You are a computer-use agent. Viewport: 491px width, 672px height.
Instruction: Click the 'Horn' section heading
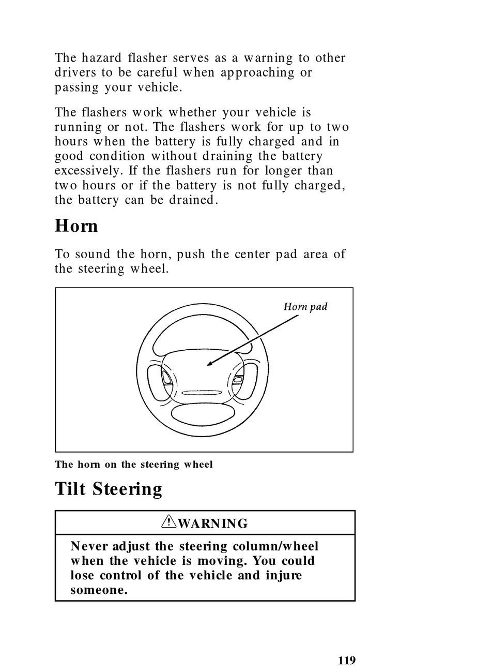pyautogui.click(x=76, y=226)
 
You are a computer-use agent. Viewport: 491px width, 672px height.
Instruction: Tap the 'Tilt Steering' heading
pyautogui.click(x=109, y=489)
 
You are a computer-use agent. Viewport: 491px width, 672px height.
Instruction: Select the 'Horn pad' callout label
pyautogui.click(x=305, y=307)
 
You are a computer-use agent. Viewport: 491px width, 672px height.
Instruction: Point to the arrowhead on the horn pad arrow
pyautogui.click(x=209, y=364)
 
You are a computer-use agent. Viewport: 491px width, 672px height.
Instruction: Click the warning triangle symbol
pyautogui.click(x=168, y=523)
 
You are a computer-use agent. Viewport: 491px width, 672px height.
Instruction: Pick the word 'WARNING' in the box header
pyautogui.click(x=212, y=524)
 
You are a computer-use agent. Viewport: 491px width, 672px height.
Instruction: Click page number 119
pyautogui.click(x=347, y=660)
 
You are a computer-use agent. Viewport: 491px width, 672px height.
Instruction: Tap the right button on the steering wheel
pyautogui.click(x=238, y=379)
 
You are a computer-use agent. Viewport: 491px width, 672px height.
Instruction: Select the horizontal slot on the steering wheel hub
pyautogui.click(x=202, y=393)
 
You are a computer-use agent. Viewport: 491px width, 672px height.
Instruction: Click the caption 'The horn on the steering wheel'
pyautogui.click(x=134, y=465)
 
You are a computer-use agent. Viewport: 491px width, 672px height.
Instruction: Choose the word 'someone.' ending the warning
pyautogui.click(x=99, y=590)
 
